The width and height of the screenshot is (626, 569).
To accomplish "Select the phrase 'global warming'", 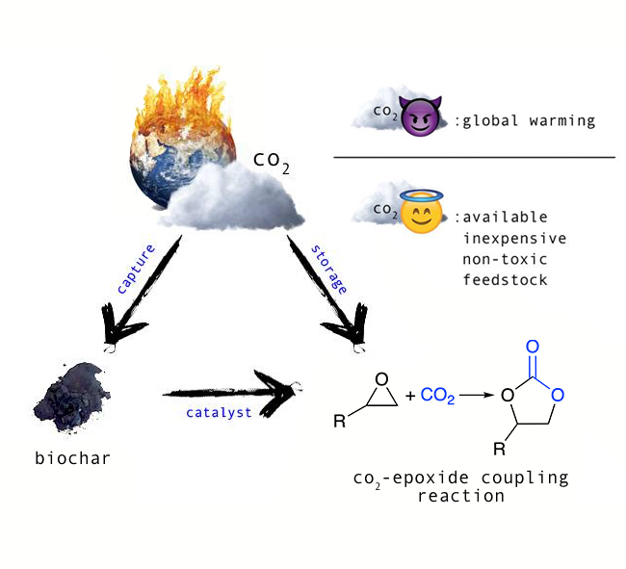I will pos(528,121).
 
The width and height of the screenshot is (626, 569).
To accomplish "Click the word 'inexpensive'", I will pos(515,237).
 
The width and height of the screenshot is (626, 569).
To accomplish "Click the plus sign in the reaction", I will pos(410,395).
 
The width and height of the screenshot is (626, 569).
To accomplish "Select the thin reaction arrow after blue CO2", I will pos(471,395).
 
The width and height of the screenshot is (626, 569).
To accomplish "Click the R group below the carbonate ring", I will pos(500,449).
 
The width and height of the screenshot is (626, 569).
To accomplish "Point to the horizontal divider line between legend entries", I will pos(473,156).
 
